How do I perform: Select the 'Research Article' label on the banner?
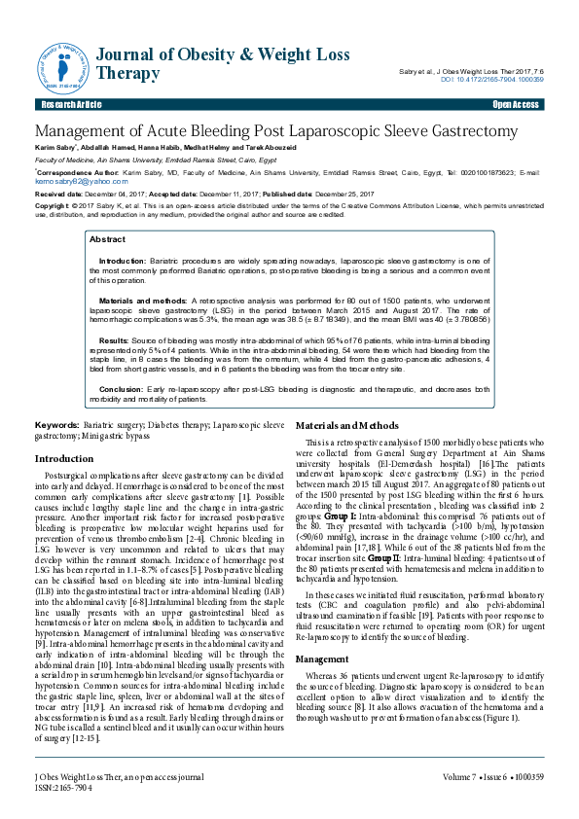[x=71, y=104]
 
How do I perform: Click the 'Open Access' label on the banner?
[x=516, y=104]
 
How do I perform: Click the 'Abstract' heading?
[x=107, y=239]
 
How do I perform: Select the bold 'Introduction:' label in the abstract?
[x=123, y=262]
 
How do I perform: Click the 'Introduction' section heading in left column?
[x=64, y=458]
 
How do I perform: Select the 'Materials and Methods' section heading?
[x=346, y=426]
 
